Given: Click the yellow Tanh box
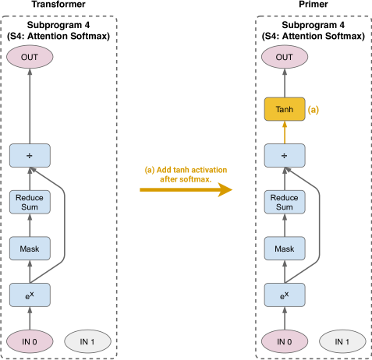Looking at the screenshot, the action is click(x=285, y=109).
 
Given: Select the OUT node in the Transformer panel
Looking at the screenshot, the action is click(x=30, y=57).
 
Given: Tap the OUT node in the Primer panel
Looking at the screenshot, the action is click(x=285, y=57).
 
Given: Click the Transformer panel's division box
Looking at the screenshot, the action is click(x=30, y=155).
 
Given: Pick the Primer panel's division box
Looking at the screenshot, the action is click(x=285, y=155).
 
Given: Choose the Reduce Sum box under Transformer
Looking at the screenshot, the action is click(x=30, y=202).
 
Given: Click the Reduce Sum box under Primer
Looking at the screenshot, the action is click(x=285, y=202).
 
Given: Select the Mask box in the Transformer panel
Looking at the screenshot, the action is click(x=30, y=249).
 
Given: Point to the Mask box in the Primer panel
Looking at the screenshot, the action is click(x=285, y=249).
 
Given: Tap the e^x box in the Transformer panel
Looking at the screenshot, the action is click(x=30, y=295).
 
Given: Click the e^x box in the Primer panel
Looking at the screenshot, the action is click(x=285, y=295).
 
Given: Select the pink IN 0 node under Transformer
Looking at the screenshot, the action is click(x=30, y=341).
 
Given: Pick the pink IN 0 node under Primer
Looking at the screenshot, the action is click(x=285, y=341).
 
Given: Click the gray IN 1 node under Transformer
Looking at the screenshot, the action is click(x=87, y=341).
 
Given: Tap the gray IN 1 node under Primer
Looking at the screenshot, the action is click(x=342, y=341).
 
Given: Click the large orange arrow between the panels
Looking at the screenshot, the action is click(x=186, y=190).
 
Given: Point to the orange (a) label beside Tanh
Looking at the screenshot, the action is click(x=314, y=110).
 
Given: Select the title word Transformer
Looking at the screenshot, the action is click(x=58, y=4).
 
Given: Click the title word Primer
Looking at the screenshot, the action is click(x=314, y=4).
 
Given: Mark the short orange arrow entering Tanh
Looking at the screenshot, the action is click(x=285, y=132).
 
